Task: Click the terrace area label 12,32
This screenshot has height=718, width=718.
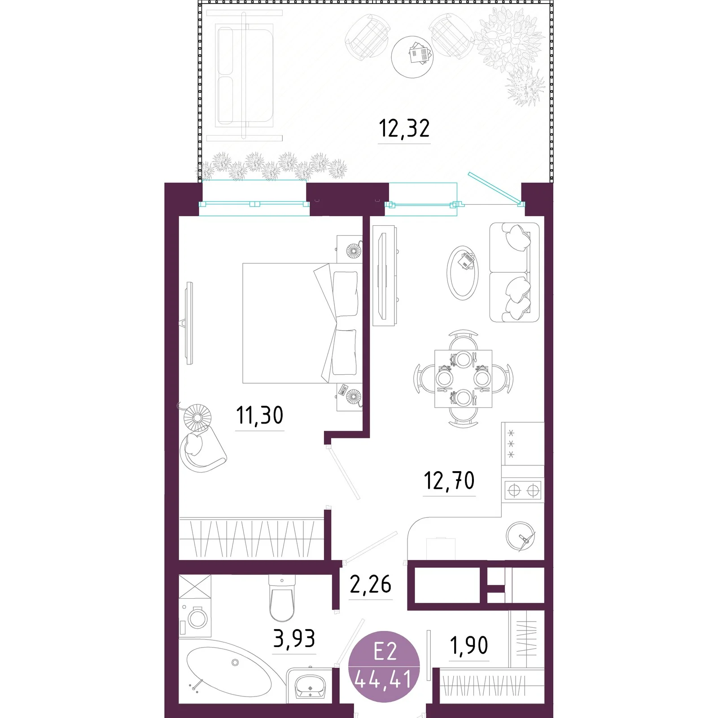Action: pyautogui.click(x=404, y=128)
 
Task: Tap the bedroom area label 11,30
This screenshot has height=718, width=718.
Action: pyautogui.click(x=260, y=415)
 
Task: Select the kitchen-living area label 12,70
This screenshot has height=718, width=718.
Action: pyautogui.click(x=449, y=481)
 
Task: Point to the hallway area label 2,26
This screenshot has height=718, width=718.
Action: pyautogui.click(x=370, y=584)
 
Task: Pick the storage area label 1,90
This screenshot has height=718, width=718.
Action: pyautogui.click(x=469, y=645)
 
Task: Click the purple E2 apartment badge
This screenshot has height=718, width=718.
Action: pyautogui.click(x=384, y=667)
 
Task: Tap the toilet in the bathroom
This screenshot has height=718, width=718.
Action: pyautogui.click(x=282, y=598)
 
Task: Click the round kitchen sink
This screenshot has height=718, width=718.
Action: pyautogui.click(x=521, y=536)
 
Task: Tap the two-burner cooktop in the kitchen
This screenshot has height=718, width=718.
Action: pyautogui.click(x=523, y=490)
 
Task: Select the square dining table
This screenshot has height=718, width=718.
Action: pyautogui.click(x=463, y=379)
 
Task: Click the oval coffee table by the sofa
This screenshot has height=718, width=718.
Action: pyautogui.click(x=463, y=273)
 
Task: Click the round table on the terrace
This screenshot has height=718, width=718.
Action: pyautogui.click(x=412, y=57)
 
